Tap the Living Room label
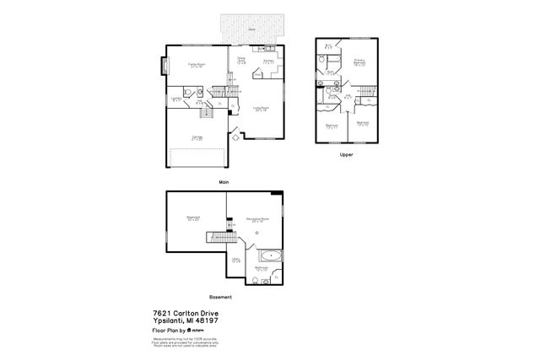click(260, 109)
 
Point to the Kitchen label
click(268, 61)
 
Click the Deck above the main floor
click(252, 29)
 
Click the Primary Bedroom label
click(359, 62)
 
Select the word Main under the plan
click(224, 181)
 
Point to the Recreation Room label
click(251, 220)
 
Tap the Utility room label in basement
click(236, 261)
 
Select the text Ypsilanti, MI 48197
click(183, 320)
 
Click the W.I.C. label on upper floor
click(328, 47)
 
